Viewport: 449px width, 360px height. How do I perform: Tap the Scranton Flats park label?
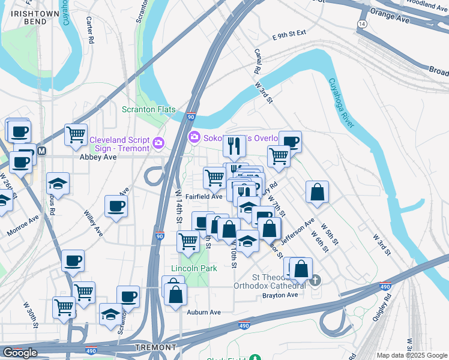pos(148,109)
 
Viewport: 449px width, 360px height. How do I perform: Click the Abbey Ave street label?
pos(98,157)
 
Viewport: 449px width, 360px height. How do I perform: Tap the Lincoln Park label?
pos(194,268)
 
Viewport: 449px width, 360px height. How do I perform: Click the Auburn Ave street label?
pos(203,312)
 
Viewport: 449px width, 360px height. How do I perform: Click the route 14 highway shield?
pos(361,23)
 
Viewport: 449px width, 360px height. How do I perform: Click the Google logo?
pos(20,353)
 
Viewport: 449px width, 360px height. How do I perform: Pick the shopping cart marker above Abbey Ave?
pos(76,134)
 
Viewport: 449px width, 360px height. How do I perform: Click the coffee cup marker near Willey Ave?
pos(116,206)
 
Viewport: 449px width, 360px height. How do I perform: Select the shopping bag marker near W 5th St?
pos(317,192)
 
